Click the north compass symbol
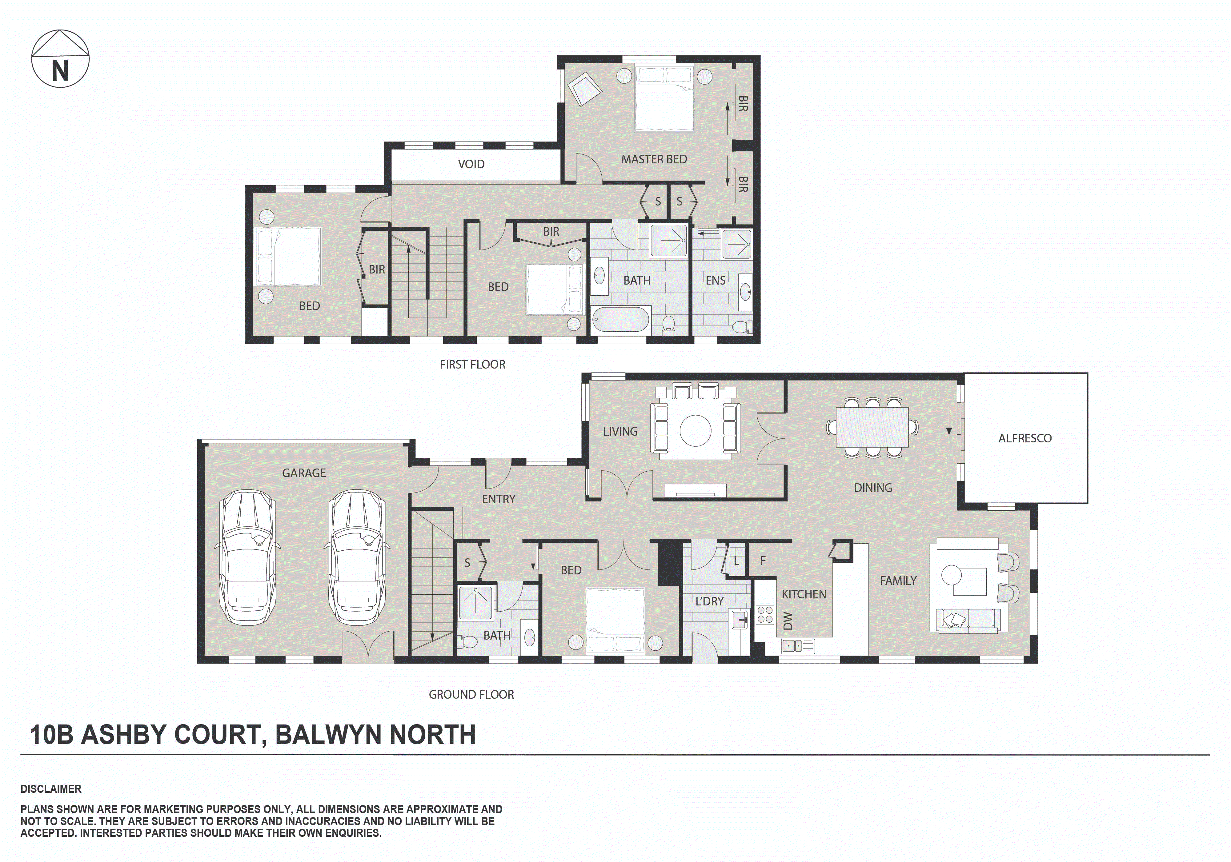60,59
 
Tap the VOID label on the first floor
471,164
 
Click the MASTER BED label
654,159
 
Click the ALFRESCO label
1024,438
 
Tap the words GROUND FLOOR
471,694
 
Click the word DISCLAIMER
51,789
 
